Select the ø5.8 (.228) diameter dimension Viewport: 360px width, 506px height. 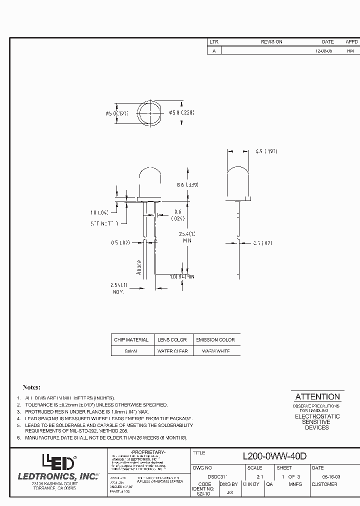pyautogui.click(x=180, y=112)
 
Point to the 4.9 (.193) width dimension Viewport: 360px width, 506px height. pyautogui.click(x=266, y=151)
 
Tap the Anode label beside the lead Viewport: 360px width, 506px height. pyautogui.click(x=139, y=267)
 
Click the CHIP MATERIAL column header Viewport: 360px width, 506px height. pyautogui.click(x=131, y=339)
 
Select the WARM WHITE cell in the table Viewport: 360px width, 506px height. pyautogui.click(x=215, y=351)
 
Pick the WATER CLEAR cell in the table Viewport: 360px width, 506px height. pyautogui.click(x=172, y=351)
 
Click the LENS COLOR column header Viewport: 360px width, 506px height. pyautogui.click(x=172, y=339)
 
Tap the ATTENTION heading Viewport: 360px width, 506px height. pyautogui.click(x=317, y=396)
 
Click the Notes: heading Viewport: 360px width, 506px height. pyautogui.click(x=31, y=387)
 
